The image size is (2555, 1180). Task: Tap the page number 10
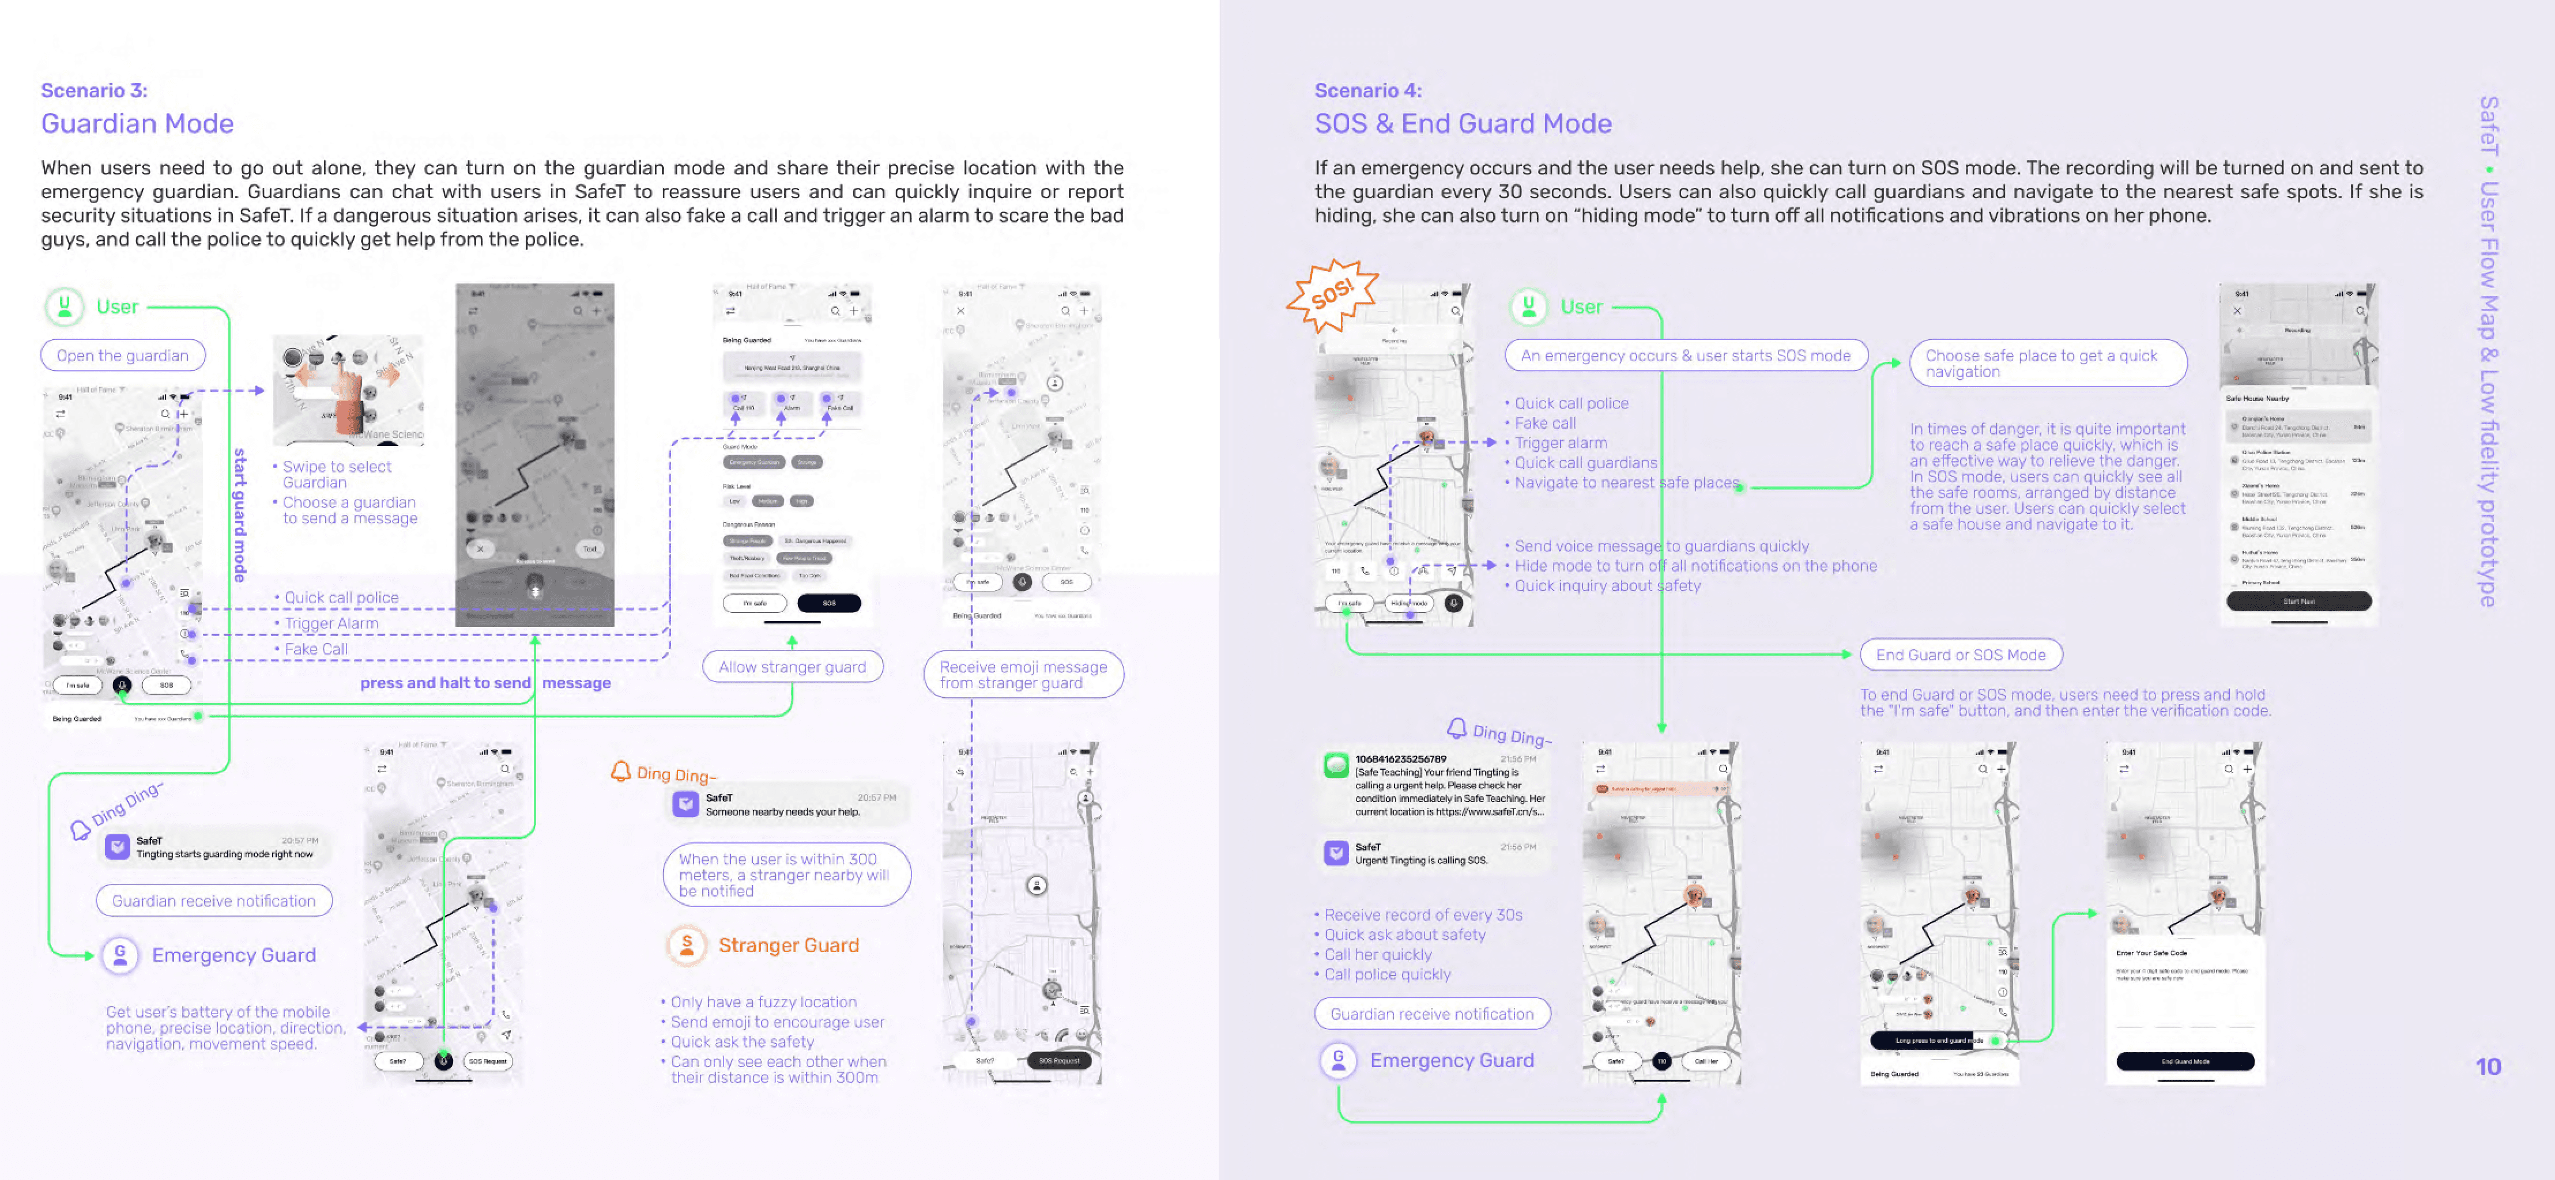[x=2488, y=1067]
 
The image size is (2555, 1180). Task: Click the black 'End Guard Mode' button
[x=2184, y=1061]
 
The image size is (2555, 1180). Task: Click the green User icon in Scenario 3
[x=65, y=307]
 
